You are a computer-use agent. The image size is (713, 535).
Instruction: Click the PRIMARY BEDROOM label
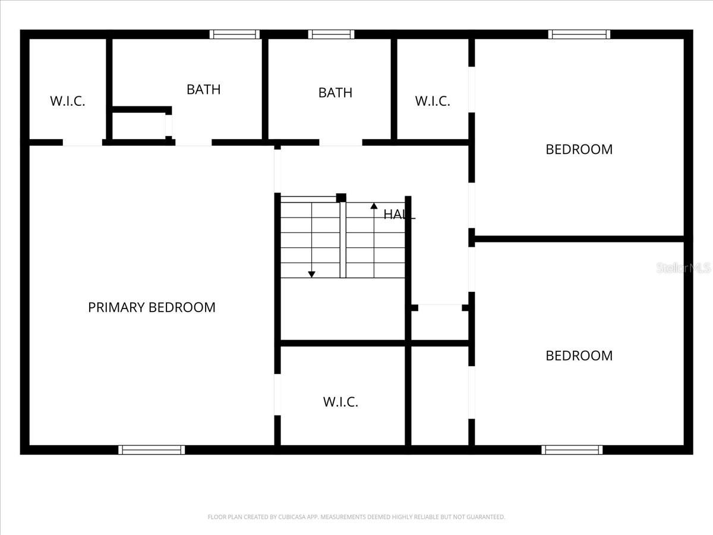(x=152, y=307)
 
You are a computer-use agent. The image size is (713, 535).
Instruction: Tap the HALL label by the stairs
(x=399, y=215)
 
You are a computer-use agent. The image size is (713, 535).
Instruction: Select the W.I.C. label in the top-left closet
(x=68, y=101)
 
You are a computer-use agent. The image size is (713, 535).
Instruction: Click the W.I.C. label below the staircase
(x=340, y=402)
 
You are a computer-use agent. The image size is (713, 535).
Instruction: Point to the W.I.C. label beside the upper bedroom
(x=433, y=101)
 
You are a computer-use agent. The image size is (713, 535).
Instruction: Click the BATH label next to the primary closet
(x=203, y=89)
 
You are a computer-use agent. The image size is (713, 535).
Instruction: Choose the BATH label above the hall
(x=335, y=93)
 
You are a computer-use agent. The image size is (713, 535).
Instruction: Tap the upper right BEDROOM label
(x=579, y=149)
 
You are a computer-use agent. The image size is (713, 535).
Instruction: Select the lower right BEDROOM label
(x=579, y=355)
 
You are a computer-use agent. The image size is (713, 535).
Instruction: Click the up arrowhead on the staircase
(x=374, y=206)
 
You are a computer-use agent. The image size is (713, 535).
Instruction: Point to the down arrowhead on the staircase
(x=311, y=274)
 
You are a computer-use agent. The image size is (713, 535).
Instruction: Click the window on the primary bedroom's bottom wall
(x=152, y=450)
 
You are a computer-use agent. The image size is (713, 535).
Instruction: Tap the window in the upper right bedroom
(x=579, y=34)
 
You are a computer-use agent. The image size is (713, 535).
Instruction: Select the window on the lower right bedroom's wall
(x=572, y=450)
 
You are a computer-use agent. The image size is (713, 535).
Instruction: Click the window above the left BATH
(x=235, y=34)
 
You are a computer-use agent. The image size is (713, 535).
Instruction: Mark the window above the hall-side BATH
(x=331, y=34)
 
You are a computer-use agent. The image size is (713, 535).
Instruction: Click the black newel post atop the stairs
(x=341, y=197)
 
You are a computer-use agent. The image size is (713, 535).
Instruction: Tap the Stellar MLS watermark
(x=683, y=268)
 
